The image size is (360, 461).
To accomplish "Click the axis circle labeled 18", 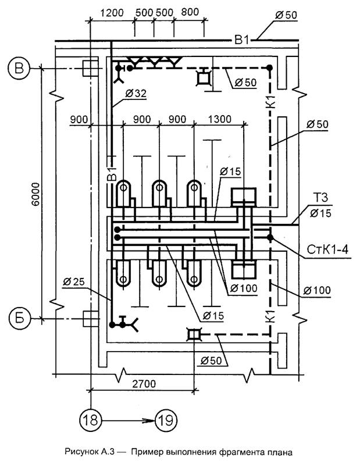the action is [x=91, y=420].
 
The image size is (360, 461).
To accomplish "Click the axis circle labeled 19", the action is [x=166, y=420].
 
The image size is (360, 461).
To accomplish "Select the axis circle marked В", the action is [x=19, y=68].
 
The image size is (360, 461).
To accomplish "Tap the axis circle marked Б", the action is [x=19, y=318].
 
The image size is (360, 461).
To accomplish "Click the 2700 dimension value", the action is [x=144, y=384].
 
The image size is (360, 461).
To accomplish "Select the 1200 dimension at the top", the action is [x=112, y=13].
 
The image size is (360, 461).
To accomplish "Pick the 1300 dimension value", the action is [x=220, y=119].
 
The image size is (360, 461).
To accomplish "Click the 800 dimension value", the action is [x=190, y=12].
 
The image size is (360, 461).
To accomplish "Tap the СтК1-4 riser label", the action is [x=327, y=249].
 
